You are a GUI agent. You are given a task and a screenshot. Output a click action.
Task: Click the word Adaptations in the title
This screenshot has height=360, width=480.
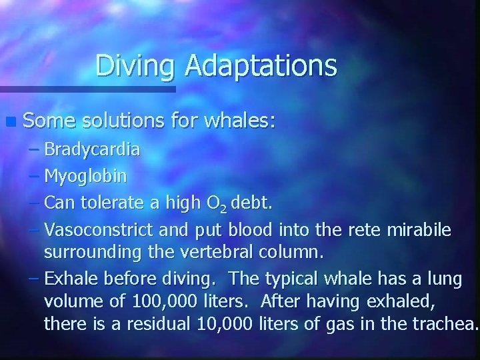[x=261, y=66]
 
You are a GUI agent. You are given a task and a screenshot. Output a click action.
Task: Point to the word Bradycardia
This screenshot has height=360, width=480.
[x=92, y=149]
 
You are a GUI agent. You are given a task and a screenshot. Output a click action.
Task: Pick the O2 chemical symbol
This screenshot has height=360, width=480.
[x=221, y=203]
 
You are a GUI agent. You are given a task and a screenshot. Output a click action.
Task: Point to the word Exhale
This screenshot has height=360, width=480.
[x=69, y=279]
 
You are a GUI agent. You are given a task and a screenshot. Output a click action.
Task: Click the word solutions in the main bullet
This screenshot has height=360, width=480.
[x=122, y=121]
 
